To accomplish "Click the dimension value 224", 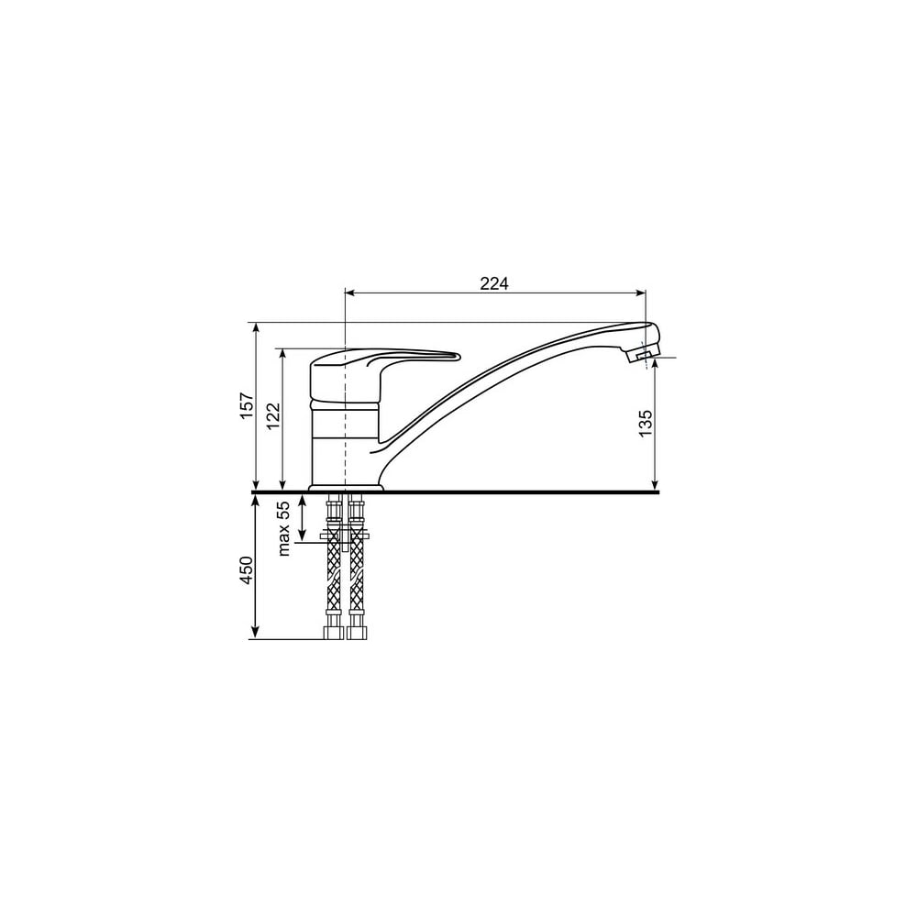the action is coord(494,283).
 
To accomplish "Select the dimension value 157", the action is coord(247,404).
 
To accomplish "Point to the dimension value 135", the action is coord(645,424).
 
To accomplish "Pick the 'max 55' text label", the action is coord(283,528).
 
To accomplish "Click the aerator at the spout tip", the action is coord(642,353).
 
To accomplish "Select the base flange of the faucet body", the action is coord(346,487).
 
